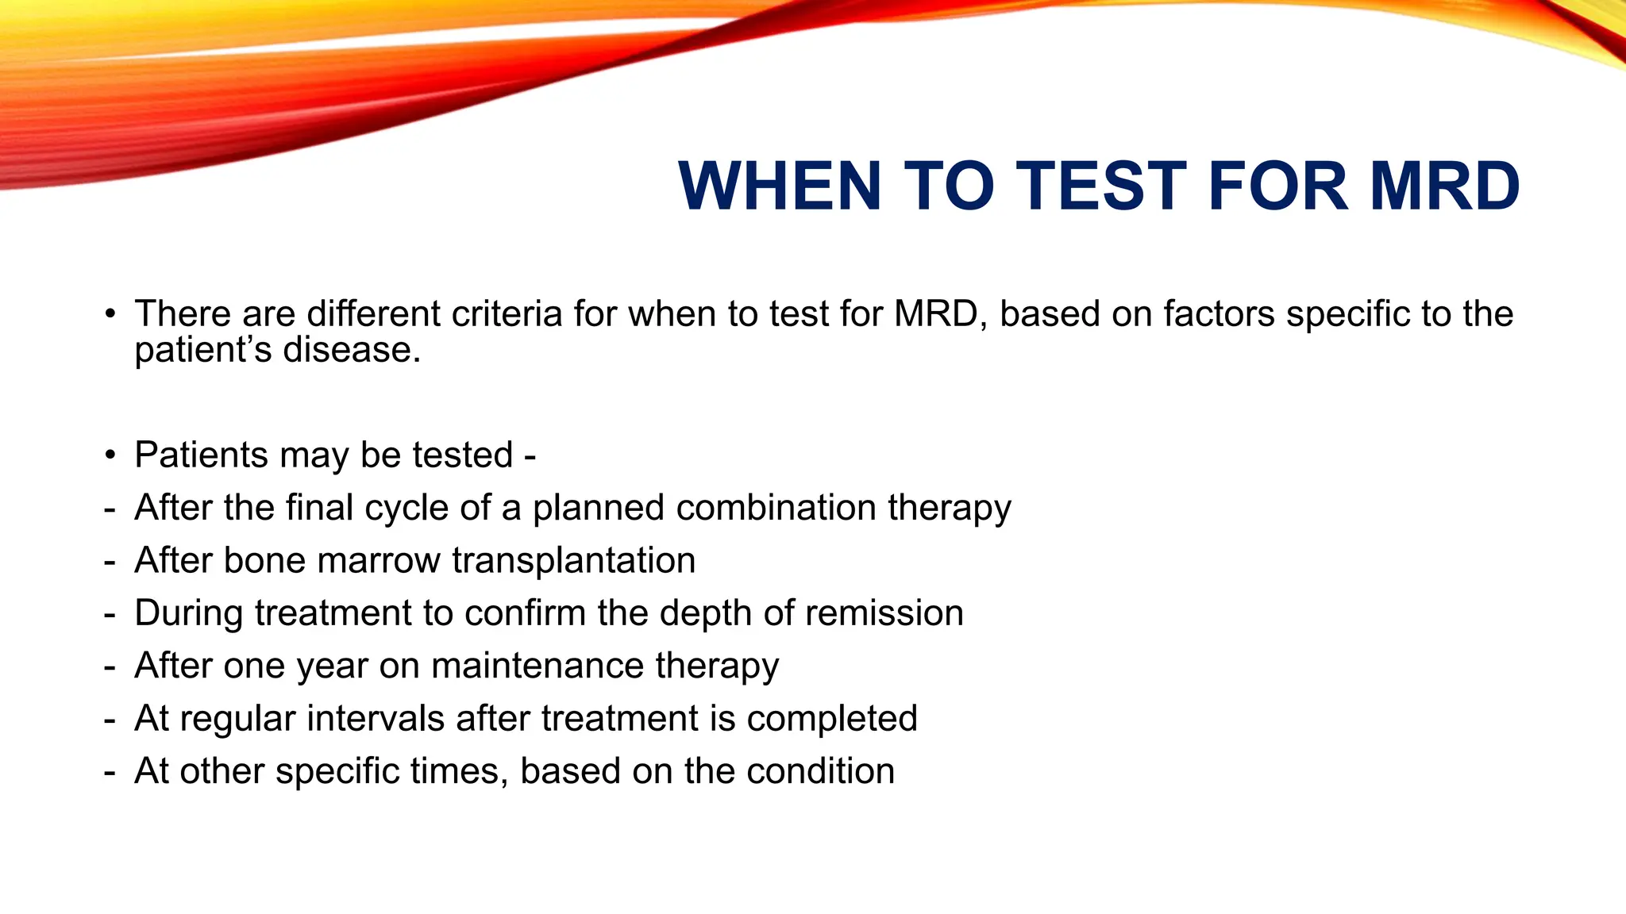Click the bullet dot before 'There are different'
(x=110, y=313)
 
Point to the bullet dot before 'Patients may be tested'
(x=110, y=455)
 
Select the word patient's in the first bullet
(x=203, y=351)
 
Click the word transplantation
(x=573, y=561)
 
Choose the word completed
(x=832, y=719)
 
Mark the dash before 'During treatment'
(x=110, y=614)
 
